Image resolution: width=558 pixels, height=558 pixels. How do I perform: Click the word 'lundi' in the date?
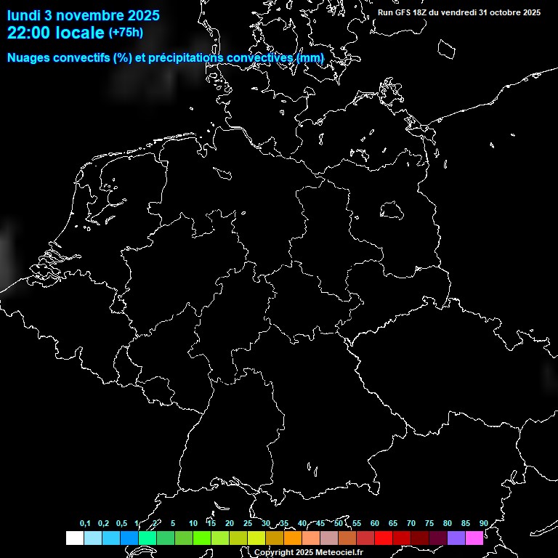click(x=24, y=15)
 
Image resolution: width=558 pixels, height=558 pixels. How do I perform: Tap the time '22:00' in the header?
click(x=28, y=32)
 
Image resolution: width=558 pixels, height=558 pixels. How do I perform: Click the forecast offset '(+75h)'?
click(x=126, y=32)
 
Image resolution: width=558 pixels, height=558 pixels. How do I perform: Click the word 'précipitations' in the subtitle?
click(x=185, y=58)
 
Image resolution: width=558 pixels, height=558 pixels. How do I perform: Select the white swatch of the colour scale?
click(x=74, y=538)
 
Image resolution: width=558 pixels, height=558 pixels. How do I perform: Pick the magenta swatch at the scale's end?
click(x=474, y=538)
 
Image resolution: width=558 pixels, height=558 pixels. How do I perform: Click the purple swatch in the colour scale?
click(x=456, y=538)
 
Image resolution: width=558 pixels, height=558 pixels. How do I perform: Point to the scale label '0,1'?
click(x=85, y=524)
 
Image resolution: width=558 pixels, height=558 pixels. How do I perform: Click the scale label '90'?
click(x=483, y=524)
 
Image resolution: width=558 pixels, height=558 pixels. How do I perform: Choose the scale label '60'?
click(x=374, y=524)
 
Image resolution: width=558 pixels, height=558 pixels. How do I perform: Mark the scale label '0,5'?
click(x=121, y=524)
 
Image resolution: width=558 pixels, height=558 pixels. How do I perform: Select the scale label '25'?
click(x=247, y=524)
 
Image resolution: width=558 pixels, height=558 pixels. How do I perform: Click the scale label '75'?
click(x=429, y=524)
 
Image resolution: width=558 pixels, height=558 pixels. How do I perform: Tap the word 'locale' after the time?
click(x=80, y=32)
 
